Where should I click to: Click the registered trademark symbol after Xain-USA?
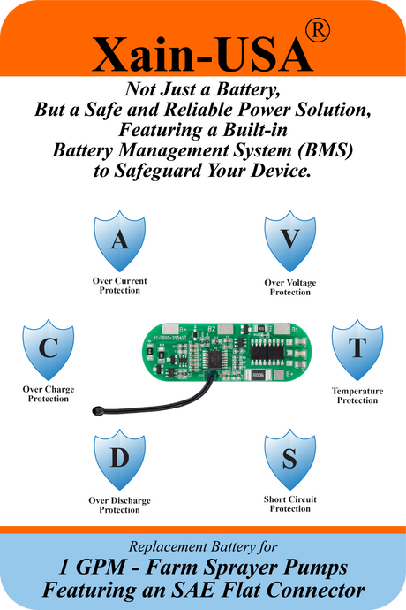pyautogui.click(x=318, y=30)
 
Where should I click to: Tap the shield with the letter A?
pyautogui.click(x=120, y=240)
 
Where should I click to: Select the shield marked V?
pyautogui.click(x=290, y=240)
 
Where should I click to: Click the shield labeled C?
pyautogui.click(x=49, y=350)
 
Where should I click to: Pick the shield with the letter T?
pyautogui.click(x=357, y=350)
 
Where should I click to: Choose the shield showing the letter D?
pyautogui.click(x=120, y=460)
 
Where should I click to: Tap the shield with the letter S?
pyautogui.click(x=290, y=460)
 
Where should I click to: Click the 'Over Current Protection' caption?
pyautogui.click(x=120, y=286)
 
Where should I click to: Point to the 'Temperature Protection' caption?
pyautogui.click(x=357, y=396)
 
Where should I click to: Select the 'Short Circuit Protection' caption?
pyautogui.click(x=290, y=504)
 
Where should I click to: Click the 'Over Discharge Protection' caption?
pyautogui.click(x=120, y=506)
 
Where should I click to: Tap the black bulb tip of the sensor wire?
pyautogui.click(x=96, y=410)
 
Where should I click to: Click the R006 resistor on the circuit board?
pyautogui.click(x=258, y=375)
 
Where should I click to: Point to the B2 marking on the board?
pyautogui.click(x=211, y=329)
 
